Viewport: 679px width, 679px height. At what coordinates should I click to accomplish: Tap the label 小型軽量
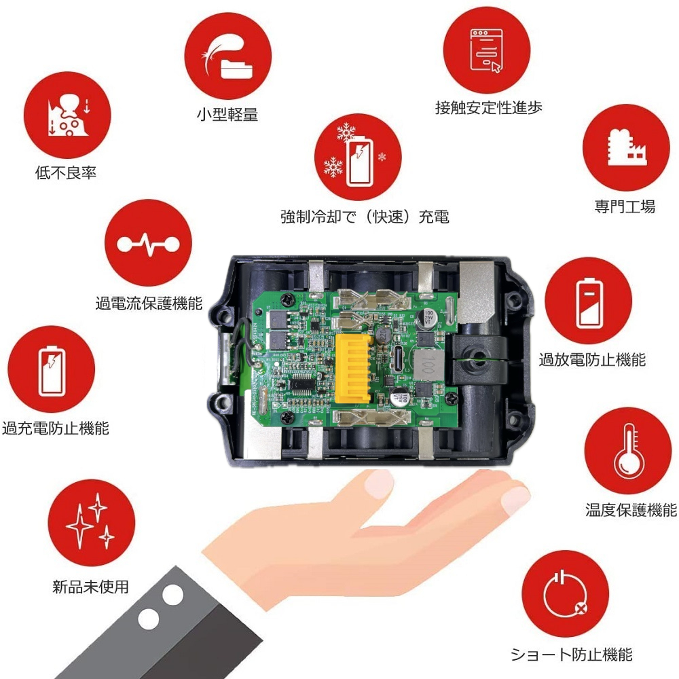(x=227, y=115)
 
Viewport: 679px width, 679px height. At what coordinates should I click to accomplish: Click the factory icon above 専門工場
(x=626, y=147)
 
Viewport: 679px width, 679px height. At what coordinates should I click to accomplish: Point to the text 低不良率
(x=66, y=172)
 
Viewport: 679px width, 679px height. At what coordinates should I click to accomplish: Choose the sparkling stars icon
(x=92, y=522)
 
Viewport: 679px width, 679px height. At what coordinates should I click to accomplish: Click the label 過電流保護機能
(x=149, y=303)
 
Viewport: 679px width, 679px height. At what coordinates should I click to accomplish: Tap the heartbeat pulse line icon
(x=147, y=244)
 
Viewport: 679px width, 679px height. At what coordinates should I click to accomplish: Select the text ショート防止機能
(x=571, y=655)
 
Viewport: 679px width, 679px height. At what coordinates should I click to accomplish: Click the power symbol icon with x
(x=565, y=594)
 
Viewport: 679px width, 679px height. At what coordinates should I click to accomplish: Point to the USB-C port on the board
(x=398, y=356)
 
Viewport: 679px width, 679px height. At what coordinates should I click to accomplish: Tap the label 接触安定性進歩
(x=488, y=108)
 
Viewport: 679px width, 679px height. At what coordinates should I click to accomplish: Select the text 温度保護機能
(x=631, y=510)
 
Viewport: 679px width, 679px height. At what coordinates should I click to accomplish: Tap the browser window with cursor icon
(x=486, y=50)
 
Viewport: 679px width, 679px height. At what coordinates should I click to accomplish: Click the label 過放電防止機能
(x=592, y=359)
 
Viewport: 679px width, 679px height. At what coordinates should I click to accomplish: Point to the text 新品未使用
(x=90, y=587)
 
